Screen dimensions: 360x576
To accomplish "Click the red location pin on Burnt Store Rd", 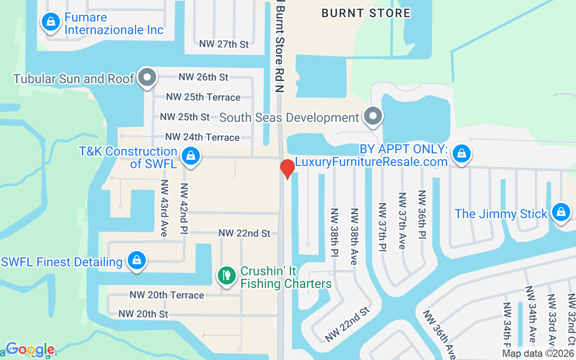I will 287,169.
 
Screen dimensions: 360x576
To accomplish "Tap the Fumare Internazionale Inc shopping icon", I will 51,22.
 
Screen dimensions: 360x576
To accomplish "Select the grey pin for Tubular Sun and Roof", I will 147,77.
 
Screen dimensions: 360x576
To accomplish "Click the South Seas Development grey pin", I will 373,116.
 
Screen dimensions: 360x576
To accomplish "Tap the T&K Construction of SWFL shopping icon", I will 191,157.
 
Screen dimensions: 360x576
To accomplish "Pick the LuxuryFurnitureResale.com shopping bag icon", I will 461,154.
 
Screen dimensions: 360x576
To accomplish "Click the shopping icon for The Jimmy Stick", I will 561,212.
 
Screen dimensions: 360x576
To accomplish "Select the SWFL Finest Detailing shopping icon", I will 136,261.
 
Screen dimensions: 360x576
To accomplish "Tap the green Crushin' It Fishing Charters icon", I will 227,275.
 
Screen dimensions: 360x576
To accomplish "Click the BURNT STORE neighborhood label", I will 366,13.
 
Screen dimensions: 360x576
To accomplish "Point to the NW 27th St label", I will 224,44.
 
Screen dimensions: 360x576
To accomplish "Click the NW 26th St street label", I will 203,77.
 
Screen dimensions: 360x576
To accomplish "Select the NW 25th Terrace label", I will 203,97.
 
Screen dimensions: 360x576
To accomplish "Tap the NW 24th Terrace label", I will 202,137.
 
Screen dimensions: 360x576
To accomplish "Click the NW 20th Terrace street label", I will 167,295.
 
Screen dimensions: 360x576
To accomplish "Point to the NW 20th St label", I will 144,314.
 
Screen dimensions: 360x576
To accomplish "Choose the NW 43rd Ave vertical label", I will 164,208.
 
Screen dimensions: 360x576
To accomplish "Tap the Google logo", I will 30,349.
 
